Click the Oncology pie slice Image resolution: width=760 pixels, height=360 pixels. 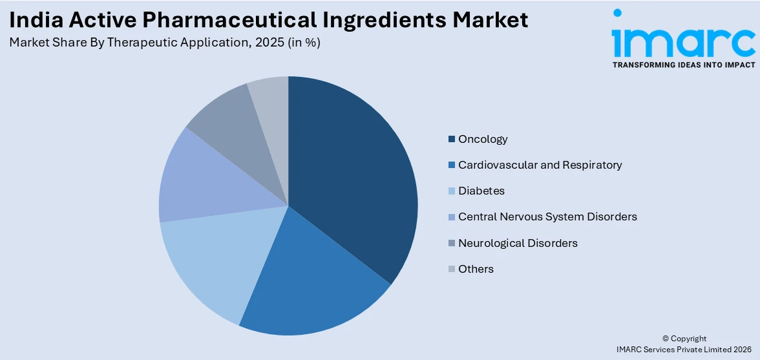[x=352, y=175]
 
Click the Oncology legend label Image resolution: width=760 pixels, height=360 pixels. [x=483, y=139]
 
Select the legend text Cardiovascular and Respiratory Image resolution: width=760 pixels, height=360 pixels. [x=540, y=165]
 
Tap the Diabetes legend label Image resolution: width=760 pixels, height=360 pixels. [x=481, y=191]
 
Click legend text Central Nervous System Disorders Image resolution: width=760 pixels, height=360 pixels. [x=547, y=217]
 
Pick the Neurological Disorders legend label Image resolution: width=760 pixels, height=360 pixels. [x=518, y=243]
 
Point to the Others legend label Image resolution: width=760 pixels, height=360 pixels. [x=476, y=269]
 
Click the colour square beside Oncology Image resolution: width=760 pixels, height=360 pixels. [x=452, y=140]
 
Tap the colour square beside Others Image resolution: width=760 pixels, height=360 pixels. [x=452, y=270]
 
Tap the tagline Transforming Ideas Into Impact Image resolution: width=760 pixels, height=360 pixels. [x=683, y=65]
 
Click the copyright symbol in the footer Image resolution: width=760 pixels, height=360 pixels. [x=666, y=339]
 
